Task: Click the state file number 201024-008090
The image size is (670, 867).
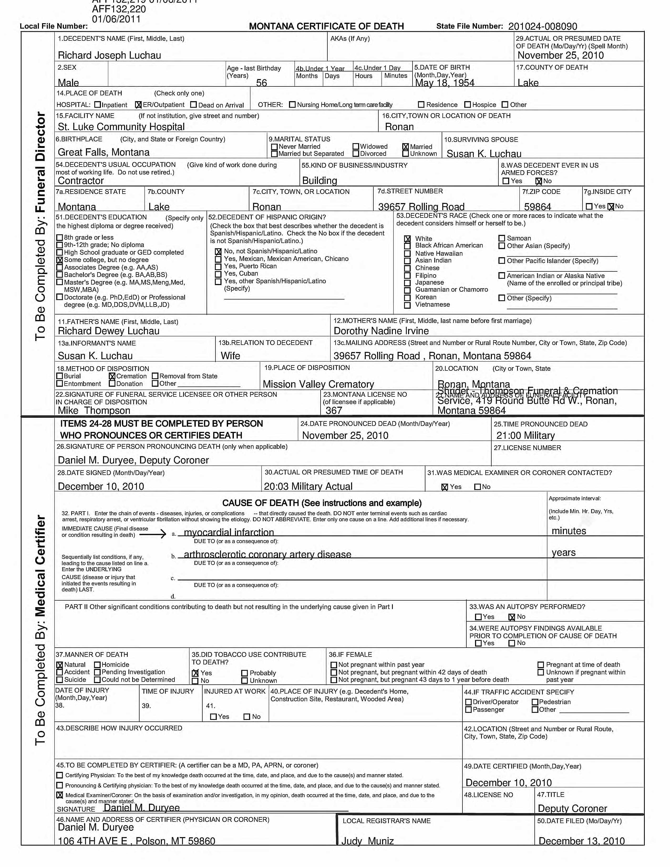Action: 542,26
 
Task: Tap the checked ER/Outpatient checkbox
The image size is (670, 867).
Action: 138,105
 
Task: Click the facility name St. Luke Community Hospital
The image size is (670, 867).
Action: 121,127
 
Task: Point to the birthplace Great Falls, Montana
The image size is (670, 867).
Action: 104,152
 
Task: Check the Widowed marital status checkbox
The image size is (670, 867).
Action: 356,147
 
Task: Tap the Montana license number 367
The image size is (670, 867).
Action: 333,410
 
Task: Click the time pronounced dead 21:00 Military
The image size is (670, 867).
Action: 525,436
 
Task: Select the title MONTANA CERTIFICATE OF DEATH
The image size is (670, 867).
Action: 326,26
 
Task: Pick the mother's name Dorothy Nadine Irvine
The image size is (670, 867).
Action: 381,331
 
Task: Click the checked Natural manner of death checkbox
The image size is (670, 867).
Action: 60,664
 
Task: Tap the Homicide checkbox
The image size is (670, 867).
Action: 97,664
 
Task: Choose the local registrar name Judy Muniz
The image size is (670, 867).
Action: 368,841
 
